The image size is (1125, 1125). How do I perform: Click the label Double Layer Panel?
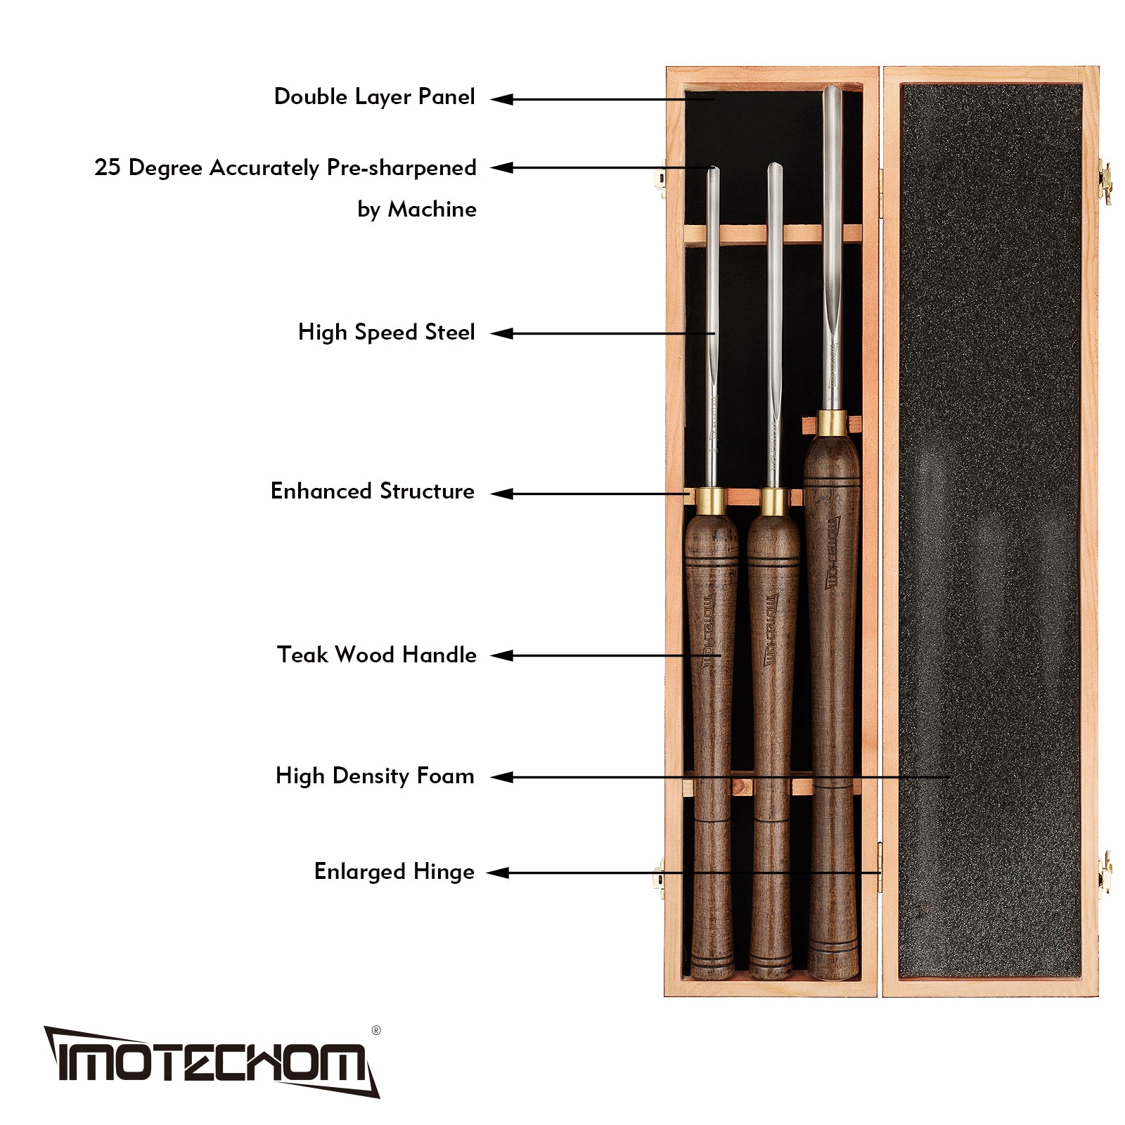pos(374,97)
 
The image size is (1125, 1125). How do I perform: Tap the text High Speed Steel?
pos(386,332)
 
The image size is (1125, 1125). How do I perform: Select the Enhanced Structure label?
pos(372,491)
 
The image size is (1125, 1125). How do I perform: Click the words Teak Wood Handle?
pos(376,655)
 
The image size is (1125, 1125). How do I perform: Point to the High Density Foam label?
pos(375,776)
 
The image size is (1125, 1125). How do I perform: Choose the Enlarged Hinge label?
pos(394,871)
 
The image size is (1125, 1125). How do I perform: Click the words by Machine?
pos(416,209)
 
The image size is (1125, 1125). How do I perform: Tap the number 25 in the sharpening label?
pos(107,167)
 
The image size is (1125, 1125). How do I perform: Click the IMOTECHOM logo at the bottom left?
pos(211,1062)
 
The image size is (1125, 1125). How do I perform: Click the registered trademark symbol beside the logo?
pos(376,1031)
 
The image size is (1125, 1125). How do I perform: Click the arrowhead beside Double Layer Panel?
pos(501,99)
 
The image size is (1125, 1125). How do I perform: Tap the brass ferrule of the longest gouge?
pos(832,423)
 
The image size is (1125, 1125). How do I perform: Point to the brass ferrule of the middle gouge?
pos(773,501)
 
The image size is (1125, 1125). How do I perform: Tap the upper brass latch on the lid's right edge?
pos(1105,182)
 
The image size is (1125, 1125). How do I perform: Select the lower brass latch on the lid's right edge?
pos(1105,873)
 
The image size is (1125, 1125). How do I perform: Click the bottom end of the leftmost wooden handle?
pos(712,970)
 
